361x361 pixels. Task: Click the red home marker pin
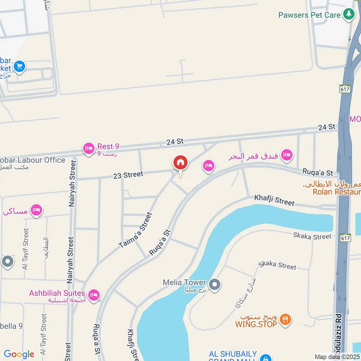180,163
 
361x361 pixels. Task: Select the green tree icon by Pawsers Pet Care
348,14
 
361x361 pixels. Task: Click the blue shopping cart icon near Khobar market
19,67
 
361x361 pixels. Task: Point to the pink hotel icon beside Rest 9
88,148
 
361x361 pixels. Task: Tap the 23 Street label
128,175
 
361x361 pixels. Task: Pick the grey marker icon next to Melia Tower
215,285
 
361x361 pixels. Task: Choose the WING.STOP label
256,324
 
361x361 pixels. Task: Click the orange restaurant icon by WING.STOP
285,319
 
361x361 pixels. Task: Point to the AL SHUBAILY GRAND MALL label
233,356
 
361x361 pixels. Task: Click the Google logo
19,354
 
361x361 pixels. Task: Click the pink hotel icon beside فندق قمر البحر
286,156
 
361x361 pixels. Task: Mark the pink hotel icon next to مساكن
36,210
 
